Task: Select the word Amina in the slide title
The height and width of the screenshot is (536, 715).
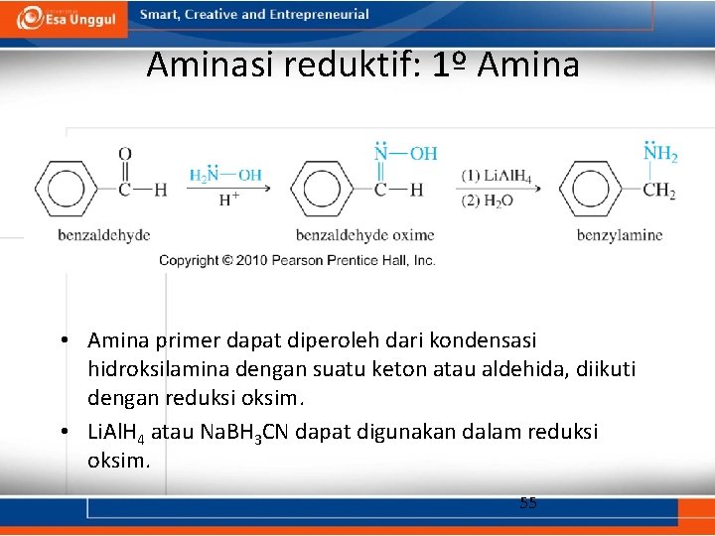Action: (x=527, y=66)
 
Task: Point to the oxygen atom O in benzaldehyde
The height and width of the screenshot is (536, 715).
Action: (x=124, y=154)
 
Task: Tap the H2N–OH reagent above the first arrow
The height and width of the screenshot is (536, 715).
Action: (x=225, y=176)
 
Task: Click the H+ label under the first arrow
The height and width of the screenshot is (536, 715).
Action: (x=228, y=199)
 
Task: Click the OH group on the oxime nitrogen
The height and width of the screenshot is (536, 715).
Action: (x=423, y=153)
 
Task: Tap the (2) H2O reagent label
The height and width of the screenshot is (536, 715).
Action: (x=487, y=200)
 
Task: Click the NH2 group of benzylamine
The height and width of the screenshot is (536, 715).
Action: (x=659, y=154)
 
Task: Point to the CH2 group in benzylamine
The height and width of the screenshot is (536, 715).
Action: (x=658, y=189)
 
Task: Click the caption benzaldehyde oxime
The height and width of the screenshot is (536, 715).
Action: (x=364, y=235)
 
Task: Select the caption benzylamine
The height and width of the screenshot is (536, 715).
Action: (x=620, y=235)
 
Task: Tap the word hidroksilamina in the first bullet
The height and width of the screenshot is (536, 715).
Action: (x=149, y=369)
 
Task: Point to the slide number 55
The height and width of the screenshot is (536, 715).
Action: (x=528, y=503)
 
